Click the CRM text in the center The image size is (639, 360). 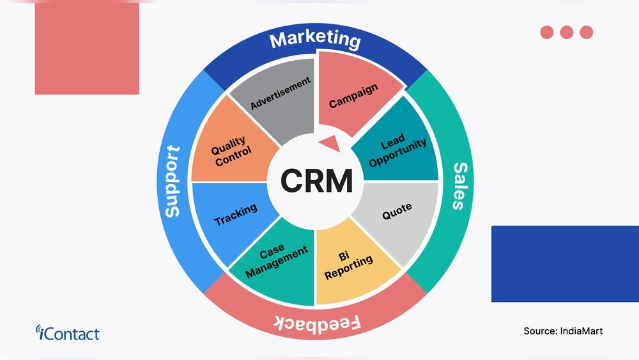click(316, 181)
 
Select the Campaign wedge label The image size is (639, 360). click(353, 95)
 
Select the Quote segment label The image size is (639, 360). click(397, 211)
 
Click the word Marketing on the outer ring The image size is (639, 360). click(315, 40)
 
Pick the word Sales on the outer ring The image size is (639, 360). click(459, 185)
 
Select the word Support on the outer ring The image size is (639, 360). click(172, 182)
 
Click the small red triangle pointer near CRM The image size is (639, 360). click(330, 143)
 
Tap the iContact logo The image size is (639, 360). click(68, 333)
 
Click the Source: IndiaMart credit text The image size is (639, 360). click(562, 331)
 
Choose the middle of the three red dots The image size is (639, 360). click(566, 32)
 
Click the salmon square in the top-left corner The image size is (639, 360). click(87, 48)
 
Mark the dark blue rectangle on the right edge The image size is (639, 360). click(565, 263)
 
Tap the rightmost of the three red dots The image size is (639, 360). click(586, 32)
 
